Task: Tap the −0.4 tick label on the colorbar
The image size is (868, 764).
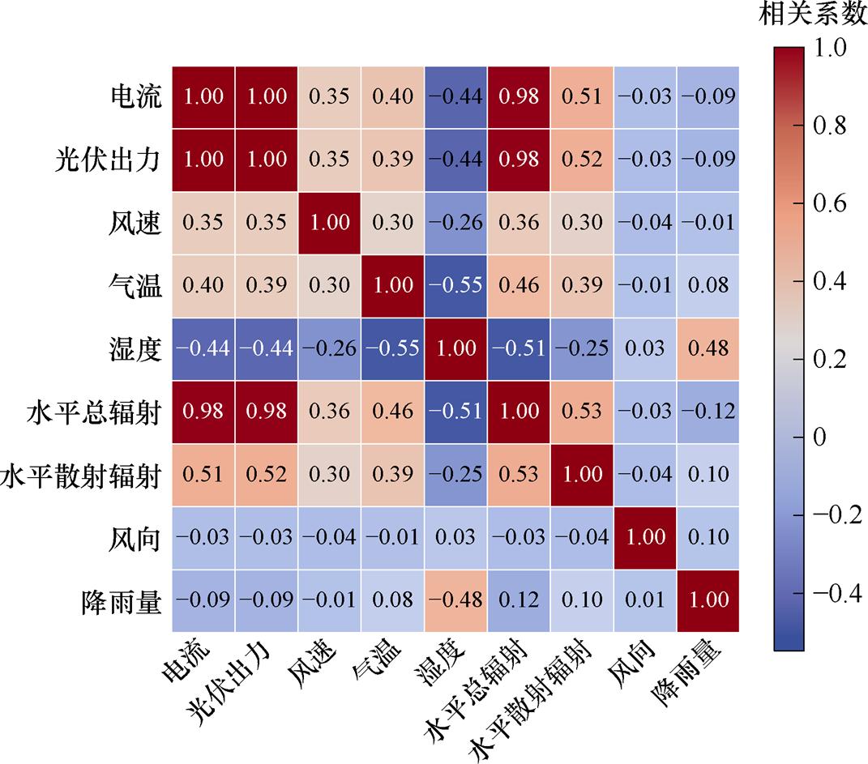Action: (835, 594)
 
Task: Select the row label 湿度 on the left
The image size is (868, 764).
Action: (135, 348)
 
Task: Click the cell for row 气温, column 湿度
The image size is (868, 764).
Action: (456, 285)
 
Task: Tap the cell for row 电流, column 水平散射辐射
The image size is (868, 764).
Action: (582, 96)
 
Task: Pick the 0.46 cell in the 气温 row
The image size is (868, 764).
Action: (519, 285)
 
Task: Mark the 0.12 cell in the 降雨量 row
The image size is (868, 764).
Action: (519, 600)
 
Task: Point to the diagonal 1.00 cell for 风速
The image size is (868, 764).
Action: (330, 222)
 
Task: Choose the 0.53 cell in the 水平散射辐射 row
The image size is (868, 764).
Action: (519, 474)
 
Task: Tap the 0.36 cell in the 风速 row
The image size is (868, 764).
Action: (519, 222)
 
